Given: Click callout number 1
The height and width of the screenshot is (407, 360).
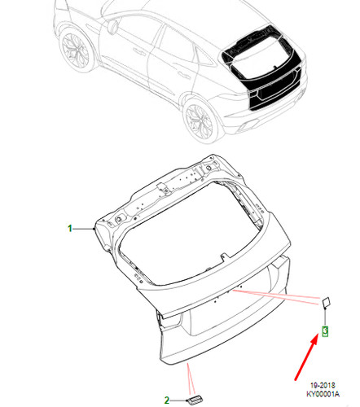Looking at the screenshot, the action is pos(70,229).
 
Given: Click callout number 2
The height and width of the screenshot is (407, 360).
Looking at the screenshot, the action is pos(167,400).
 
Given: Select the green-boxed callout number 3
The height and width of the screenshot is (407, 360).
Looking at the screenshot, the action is pos(325,331).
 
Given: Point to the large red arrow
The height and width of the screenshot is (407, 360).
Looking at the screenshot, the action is pos(306,358).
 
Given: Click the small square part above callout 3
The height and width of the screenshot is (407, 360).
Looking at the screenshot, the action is pos(326,302).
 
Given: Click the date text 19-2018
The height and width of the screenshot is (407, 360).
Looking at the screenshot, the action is pos(323,385).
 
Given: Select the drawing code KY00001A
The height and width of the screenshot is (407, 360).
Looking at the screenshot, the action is pos(323,394).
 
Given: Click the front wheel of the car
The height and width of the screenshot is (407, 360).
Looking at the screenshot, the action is pos(75,50).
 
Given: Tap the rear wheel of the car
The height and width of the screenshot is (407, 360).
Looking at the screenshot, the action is pos(200,120).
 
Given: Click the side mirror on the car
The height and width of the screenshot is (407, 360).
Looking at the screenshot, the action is pos(112,26).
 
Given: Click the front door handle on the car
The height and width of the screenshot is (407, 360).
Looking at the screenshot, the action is pos(138,51).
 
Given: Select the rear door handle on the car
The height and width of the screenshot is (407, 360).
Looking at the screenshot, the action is pos(184,74).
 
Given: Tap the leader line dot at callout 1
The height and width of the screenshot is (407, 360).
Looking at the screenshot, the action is pos(94,229).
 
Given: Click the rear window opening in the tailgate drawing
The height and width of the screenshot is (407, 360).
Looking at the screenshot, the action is pos(190,234).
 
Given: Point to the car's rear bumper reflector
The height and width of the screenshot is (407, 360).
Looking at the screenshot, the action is pos(247,125).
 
